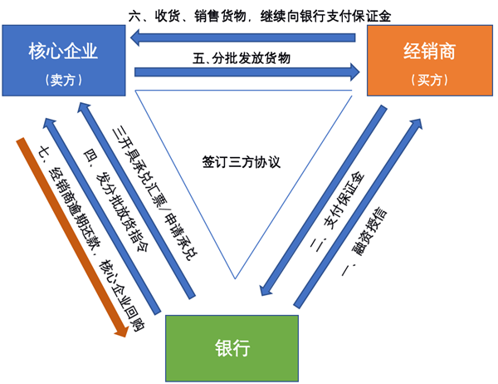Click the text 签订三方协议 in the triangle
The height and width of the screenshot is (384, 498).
241,161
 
